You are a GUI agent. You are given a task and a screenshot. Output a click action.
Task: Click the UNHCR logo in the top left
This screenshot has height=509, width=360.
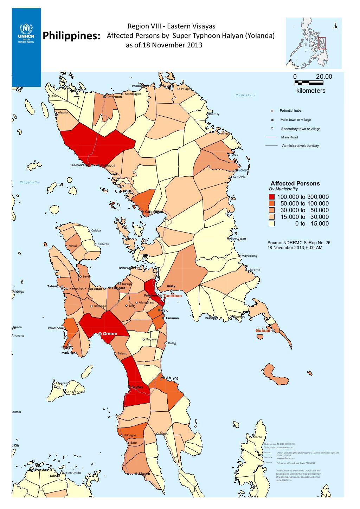[x=26, y=33]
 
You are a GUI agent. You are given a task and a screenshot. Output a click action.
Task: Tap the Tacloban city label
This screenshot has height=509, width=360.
[x=172, y=296]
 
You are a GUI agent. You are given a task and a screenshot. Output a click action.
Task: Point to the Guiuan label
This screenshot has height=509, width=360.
[x=263, y=331]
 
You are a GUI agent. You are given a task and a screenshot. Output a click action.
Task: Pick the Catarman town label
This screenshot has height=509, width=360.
[x=114, y=97]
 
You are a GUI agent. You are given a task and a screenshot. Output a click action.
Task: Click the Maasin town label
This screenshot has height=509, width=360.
[x=144, y=474]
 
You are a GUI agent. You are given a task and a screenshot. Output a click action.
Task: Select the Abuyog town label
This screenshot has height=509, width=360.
[x=172, y=378]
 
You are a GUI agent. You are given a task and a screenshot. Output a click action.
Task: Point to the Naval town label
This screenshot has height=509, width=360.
[x=72, y=246]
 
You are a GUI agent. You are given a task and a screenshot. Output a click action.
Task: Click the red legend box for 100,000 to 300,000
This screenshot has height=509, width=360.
[x=271, y=197]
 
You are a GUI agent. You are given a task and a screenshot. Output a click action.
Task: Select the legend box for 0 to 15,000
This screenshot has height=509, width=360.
[x=271, y=224]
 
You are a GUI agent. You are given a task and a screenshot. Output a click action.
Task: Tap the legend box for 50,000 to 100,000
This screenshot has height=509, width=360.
[x=271, y=203]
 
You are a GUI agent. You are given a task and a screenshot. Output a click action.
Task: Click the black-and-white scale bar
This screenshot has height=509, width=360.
[x=309, y=83]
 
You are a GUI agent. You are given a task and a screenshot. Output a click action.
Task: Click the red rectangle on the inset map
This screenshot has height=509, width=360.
[x=321, y=43]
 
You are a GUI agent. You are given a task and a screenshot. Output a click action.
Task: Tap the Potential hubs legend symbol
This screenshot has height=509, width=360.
[x=272, y=111]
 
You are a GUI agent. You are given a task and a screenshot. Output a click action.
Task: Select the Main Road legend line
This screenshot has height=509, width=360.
[x=272, y=137]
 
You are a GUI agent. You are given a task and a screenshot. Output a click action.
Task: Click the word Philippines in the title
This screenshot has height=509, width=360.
[x=71, y=37]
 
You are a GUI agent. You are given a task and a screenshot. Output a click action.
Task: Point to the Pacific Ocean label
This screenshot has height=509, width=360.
[x=245, y=95]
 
